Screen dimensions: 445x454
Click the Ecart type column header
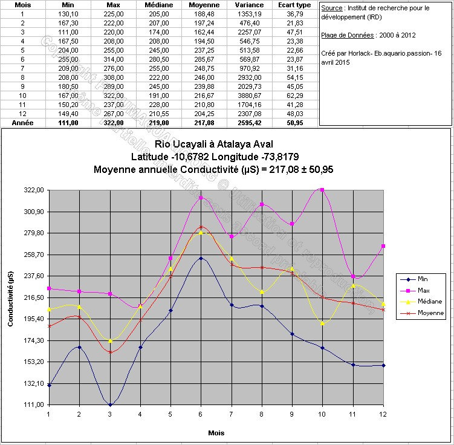(x=294, y=5)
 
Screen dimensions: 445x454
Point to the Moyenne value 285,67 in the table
(x=203, y=59)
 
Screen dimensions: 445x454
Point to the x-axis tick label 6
(x=201, y=414)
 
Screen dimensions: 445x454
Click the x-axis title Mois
(x=216, y=434)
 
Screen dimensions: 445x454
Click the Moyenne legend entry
(x=430, y=313)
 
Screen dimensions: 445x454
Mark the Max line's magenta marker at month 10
(x=322, y=190)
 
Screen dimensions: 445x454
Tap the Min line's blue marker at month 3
(x=110, y=404)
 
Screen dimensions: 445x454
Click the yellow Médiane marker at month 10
(x=322, y=323)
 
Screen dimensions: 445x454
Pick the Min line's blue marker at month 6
(x=201, y=258)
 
